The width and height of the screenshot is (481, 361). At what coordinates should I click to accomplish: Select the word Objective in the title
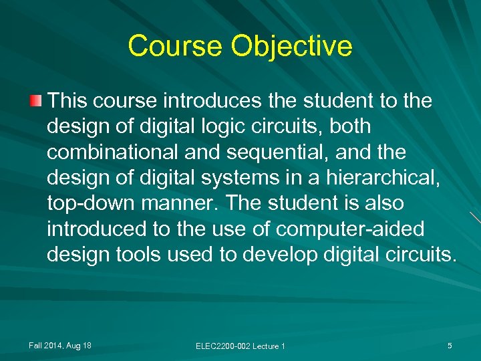(292, 46)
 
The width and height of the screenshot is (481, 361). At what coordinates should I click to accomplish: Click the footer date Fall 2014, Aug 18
(60, 345)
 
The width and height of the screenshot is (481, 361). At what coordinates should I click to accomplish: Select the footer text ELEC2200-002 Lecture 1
(240, 346)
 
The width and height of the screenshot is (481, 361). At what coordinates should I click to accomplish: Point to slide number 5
(450, 345)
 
